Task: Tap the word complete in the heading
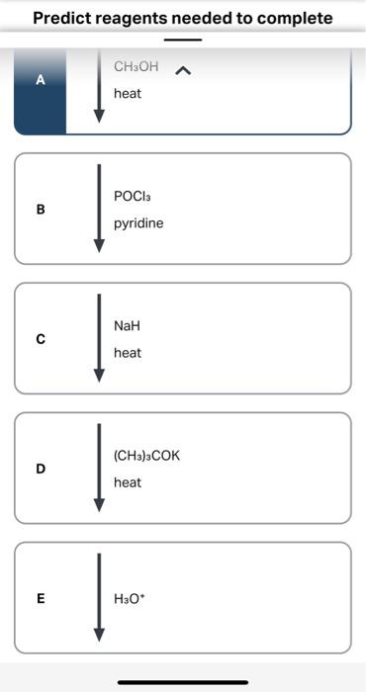click(294, 18)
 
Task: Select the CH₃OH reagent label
click(136, 67)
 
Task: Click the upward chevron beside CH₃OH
click(182, 70)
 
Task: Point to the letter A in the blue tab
click(41, 81)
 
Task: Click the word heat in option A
click(128, 93)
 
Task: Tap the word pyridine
click(138, 223)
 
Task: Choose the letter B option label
click(41, 210)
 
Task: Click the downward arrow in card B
click(98, 209)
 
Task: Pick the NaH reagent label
click(128, 326)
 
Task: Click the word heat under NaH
click(128, 353)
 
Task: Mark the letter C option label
click(41, 339)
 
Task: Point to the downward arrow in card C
click(98, 338)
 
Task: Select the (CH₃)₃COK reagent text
click(147, 456)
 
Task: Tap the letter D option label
click(41, 469)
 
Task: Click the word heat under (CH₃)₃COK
click(128, 482)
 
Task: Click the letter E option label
click(41, 598)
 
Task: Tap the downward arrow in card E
click(98, 597)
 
